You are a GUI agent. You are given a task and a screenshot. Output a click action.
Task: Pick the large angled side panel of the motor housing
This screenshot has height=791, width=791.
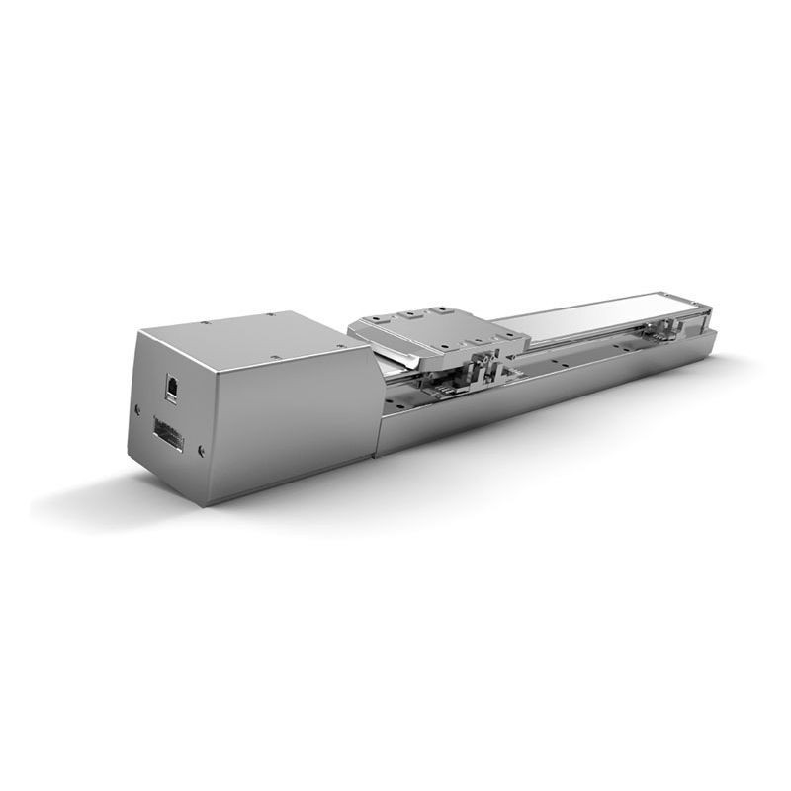[x=287, y=415]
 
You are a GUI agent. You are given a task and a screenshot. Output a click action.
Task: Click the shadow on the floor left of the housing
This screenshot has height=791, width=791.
[x=79, y=494]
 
